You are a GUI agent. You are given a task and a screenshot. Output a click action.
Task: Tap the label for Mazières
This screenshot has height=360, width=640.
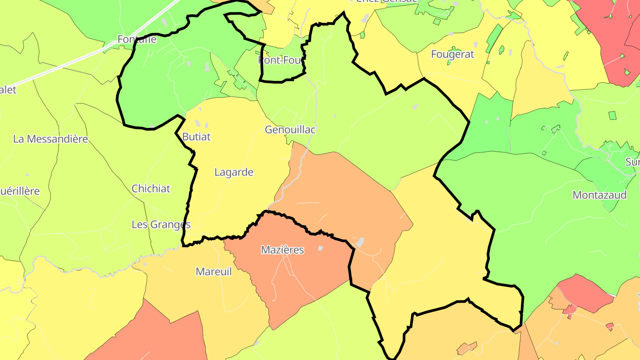282,250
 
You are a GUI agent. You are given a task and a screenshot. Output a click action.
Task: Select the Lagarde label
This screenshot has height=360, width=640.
234,172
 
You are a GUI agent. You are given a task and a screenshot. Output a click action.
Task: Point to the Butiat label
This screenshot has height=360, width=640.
196,137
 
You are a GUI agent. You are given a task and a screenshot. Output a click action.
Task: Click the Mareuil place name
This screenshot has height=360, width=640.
214,272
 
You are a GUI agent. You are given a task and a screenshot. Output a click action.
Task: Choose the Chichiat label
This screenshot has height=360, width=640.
151,188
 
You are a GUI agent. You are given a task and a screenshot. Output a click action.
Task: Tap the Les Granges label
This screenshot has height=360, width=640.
161,224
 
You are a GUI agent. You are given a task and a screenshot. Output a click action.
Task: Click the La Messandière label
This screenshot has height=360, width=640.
51,139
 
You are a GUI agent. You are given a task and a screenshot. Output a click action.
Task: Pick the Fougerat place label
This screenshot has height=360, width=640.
452,54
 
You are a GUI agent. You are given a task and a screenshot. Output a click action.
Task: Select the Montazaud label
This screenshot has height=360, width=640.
600,195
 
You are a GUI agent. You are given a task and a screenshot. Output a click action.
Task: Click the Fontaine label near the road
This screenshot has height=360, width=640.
137,39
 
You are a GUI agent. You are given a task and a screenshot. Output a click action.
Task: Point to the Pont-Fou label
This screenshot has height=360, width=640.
280,60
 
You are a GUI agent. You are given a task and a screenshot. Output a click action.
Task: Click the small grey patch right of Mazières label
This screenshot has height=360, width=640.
320,248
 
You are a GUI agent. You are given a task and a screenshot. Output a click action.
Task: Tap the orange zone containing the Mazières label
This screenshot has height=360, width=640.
302,276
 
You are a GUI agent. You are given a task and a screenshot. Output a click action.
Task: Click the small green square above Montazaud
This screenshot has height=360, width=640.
612,116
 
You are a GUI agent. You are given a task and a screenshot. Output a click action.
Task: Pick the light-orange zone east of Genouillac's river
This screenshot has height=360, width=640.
342,196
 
